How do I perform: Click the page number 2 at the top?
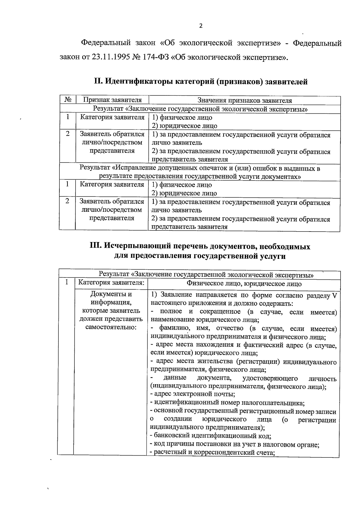click(x=201, y=26)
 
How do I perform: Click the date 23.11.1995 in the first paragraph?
click(x=110, y=57)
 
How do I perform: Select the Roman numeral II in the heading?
click(x=98, y=81)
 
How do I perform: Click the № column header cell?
click(x=68, y=100)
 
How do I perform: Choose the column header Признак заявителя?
click(x=112, y=100)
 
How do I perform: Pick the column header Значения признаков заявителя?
click(x=244, y=100)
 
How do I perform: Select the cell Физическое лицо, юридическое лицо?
click(x=244, y=283)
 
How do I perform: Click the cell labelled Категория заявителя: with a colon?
click(x=111, y=283)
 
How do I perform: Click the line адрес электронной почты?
click(x=193, y=394)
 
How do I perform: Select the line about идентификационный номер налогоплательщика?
click(x=227, y=403)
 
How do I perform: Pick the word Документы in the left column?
click(x=111, y=294)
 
